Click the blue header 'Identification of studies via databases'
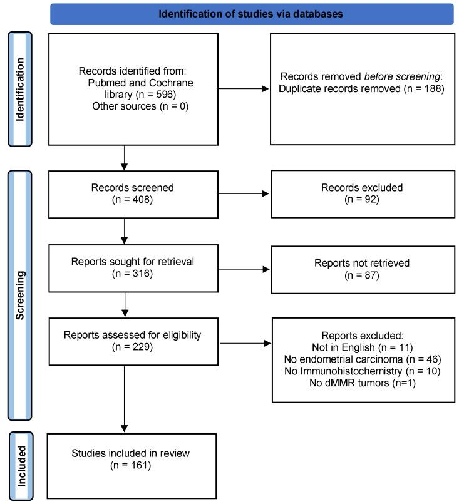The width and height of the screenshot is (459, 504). (x=251, y=14)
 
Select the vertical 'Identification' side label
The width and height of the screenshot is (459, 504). (x=19, y=81)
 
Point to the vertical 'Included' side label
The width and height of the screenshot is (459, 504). (x=19, y=465)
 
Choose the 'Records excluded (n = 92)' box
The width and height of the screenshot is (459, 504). (x=361, y=193)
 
